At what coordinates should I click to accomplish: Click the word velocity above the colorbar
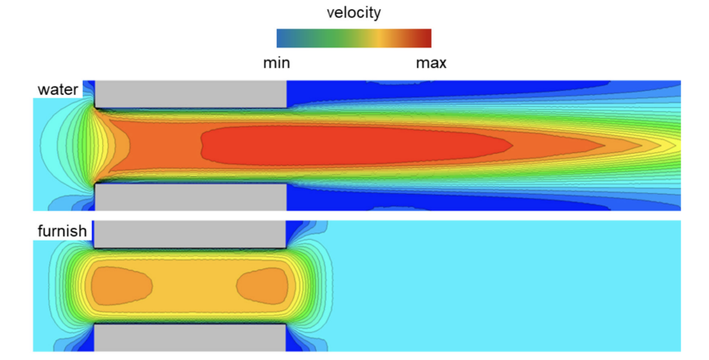354,12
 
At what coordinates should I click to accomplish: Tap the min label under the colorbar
276,63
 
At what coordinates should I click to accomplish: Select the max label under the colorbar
431,63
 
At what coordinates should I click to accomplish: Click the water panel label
57,89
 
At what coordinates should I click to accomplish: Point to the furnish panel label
62,231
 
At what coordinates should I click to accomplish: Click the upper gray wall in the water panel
191,94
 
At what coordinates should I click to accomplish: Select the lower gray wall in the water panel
191,197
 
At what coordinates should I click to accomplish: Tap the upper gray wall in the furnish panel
189,235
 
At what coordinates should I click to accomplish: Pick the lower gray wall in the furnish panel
189,338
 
